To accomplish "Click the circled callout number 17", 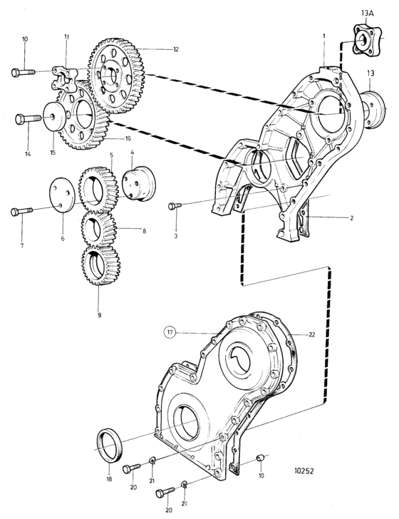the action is pos(170,332).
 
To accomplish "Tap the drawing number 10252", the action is pos(304,471).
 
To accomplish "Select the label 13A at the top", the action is pos(370,14).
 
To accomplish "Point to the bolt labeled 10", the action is pos(24,72).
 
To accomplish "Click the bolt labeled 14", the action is pos(28,119).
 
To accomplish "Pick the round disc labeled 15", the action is pos(54,118).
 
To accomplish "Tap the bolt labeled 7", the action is pos(22,211).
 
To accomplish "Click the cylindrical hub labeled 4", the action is pos(139,183).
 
